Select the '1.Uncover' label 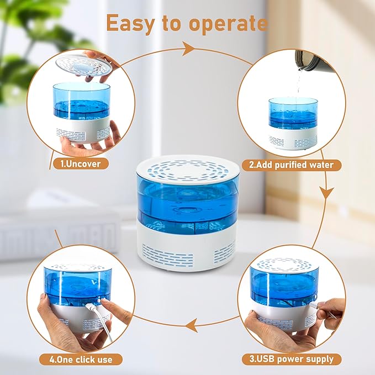tap(81, 163)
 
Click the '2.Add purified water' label tap(291, 165)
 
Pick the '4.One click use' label tap(80, 360)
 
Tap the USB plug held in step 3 tap(313, 304)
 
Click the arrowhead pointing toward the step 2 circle tap(188, 49)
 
